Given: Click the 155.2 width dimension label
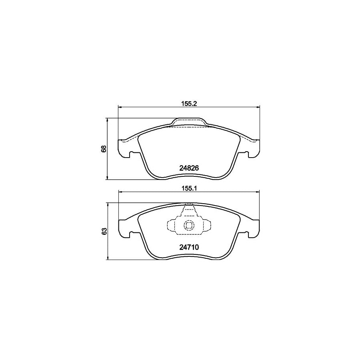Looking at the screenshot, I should [188, 102].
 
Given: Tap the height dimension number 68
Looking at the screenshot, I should [104, 149].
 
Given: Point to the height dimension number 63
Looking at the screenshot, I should [104, 232].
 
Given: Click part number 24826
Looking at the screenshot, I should [188, 168].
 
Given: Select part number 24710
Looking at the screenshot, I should [188, 248].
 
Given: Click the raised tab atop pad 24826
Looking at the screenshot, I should [188, 122].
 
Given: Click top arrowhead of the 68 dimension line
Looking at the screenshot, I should [108, 120].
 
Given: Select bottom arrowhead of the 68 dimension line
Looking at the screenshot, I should [108, 178].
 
